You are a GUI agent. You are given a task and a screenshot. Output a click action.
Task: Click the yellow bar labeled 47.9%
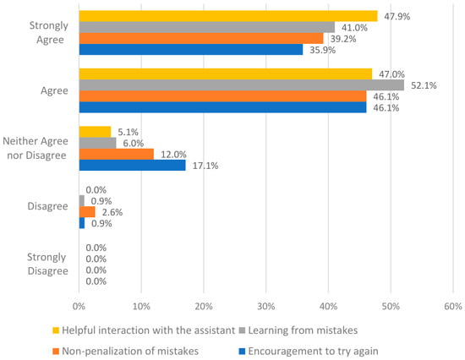(228, 16)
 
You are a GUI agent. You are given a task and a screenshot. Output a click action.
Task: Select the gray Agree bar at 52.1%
(242, 85)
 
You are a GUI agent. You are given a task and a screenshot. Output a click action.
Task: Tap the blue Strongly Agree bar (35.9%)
(191, 50)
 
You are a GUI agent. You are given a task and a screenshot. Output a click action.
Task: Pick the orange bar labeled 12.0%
(117, 154)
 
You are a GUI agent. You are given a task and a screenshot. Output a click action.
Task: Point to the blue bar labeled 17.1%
(132, 165)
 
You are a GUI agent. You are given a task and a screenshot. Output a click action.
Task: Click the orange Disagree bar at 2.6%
(87, 212)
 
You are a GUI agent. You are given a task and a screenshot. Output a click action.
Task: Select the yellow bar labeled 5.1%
(95, 132)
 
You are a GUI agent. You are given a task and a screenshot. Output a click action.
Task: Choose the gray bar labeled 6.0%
(97, 143)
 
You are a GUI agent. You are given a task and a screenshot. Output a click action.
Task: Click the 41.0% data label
(354, 28)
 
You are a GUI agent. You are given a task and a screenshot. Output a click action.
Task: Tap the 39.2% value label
(343, 39)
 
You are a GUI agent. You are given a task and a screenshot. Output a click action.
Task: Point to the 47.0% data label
(391, 74)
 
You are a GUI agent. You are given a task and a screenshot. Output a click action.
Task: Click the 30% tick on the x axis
(266, 306)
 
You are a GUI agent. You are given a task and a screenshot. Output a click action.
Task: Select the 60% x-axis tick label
(453, 306)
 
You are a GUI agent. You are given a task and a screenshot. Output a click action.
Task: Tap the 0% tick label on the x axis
(79, 306)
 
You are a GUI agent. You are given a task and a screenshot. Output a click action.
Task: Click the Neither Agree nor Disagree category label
(36, 148)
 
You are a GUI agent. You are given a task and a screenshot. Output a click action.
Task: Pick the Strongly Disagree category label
(47, 264)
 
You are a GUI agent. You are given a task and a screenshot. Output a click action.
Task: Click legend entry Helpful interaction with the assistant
(144, 330)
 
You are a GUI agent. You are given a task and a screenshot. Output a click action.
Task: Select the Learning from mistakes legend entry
(298, 330)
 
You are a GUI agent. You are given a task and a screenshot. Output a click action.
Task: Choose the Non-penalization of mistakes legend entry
(125, 351)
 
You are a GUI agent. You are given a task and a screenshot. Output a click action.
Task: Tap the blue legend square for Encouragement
(242, 352)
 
